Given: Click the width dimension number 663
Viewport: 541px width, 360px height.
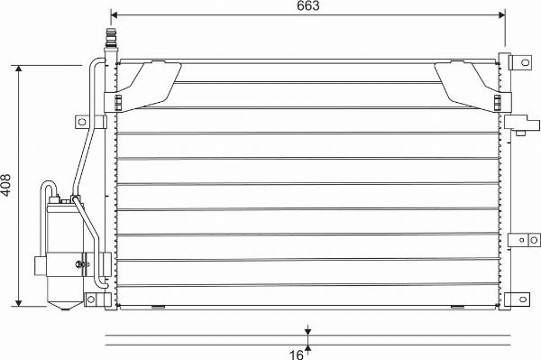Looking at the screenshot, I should pos(307,6).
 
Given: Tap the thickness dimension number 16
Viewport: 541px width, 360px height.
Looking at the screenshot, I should pos(295,354).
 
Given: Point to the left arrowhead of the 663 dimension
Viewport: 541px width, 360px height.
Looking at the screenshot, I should pos(114,15).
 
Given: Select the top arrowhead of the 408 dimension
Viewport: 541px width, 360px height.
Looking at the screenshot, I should pos(20,69).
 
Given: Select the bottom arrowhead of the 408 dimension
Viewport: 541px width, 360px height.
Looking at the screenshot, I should pos(20,302).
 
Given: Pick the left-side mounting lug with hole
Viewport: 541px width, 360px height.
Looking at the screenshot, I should pos(82,121).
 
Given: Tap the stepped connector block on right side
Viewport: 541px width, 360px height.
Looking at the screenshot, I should pos(516,124).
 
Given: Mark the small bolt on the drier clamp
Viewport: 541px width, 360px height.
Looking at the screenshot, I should pos(80,264).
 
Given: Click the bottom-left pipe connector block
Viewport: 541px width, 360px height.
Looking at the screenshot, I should pos(94,299).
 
